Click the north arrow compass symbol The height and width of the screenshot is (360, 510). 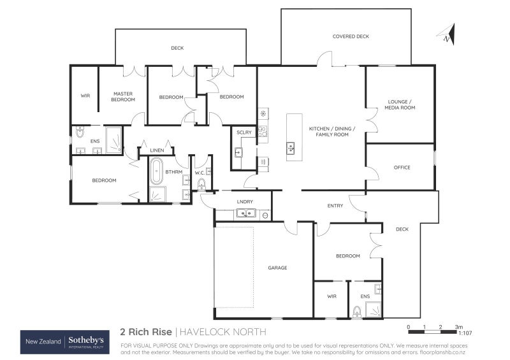(x=449, y=34)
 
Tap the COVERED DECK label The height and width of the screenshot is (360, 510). (x=351, y=36)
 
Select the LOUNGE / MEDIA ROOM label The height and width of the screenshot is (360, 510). (x=401, y=104)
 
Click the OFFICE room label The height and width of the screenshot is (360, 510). (x=402, y=168)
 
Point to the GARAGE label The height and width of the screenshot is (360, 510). (x=277, y=268)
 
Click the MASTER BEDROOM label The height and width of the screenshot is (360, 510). (x=123, y=97)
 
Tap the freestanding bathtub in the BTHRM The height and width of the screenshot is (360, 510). (x=156, y=171)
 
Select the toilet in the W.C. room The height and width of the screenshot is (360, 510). (x=202, y=184)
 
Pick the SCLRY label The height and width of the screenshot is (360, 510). (x=244, y=132)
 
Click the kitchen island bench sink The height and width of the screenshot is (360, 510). (x=291, y=148)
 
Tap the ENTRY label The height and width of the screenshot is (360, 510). (x=335, y=206)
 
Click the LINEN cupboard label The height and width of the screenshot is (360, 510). (x=157, y=150)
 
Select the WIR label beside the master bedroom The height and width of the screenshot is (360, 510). (x=85, y=96)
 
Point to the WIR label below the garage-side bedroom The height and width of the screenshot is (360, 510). (x=331, y=296)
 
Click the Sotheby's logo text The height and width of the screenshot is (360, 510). (x=87, y=342)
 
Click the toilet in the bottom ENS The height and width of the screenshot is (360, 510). (x=358, y=311)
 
